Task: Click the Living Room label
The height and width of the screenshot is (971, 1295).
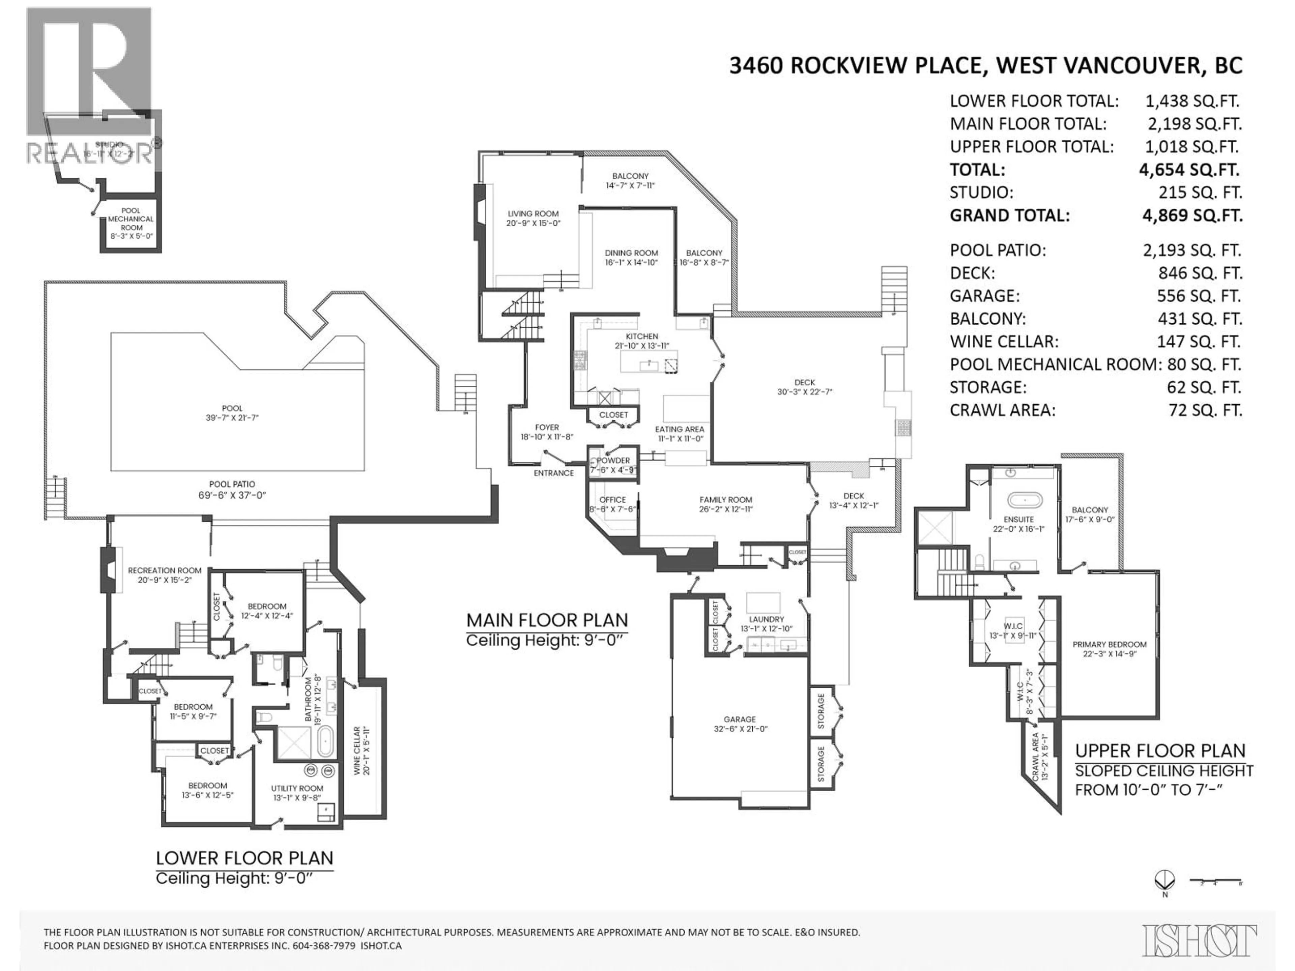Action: [533, 214]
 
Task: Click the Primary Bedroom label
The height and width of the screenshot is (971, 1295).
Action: [1109, 644]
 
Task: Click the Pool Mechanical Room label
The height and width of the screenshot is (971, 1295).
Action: [131, 219]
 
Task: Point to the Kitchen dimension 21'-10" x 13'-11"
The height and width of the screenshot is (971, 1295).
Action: [642, 346]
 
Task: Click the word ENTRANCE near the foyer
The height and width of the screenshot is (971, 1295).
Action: [553, 473]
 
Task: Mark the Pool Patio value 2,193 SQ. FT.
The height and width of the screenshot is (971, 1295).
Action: [1192, 251]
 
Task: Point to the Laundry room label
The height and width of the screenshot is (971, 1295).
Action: [766, 619]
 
